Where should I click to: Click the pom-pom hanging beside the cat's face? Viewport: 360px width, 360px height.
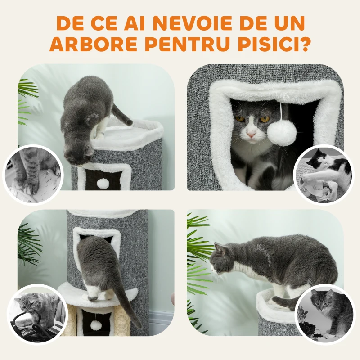tap(281, 133)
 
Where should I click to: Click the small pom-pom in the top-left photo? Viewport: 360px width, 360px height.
tap(103, 183)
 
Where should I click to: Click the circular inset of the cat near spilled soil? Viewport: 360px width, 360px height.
tap(324, 314)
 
